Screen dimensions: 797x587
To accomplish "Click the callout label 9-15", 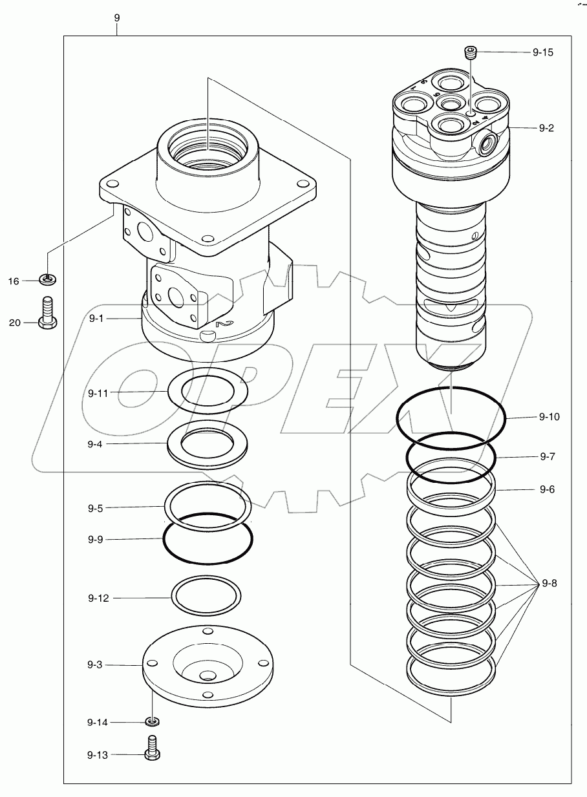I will (542, 52).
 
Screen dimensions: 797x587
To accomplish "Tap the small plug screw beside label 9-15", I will (471, 52).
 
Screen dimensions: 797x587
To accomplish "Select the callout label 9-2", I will (546, 128).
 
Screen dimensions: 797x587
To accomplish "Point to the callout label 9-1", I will (96, 318).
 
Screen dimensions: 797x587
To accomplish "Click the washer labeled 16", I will (47, 280).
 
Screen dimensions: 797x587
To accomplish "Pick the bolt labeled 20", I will (47, 313).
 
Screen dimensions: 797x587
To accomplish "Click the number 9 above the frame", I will (116, 18).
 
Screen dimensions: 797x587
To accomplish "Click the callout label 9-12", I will (99, 599).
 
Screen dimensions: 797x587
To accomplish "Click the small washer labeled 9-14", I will (153, 721).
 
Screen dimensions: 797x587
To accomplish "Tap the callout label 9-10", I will (549, 417).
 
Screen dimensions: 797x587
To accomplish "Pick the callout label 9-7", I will (546, 456).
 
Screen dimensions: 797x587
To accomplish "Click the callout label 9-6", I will (546, 489).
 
